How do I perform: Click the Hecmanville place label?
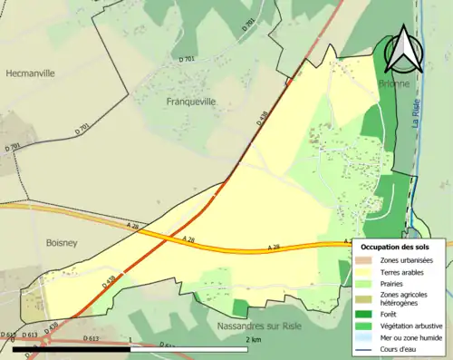(32, 73)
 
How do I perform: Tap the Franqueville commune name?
(190, 102)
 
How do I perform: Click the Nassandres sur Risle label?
(259, 325)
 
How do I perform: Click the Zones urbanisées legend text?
(407, 261)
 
